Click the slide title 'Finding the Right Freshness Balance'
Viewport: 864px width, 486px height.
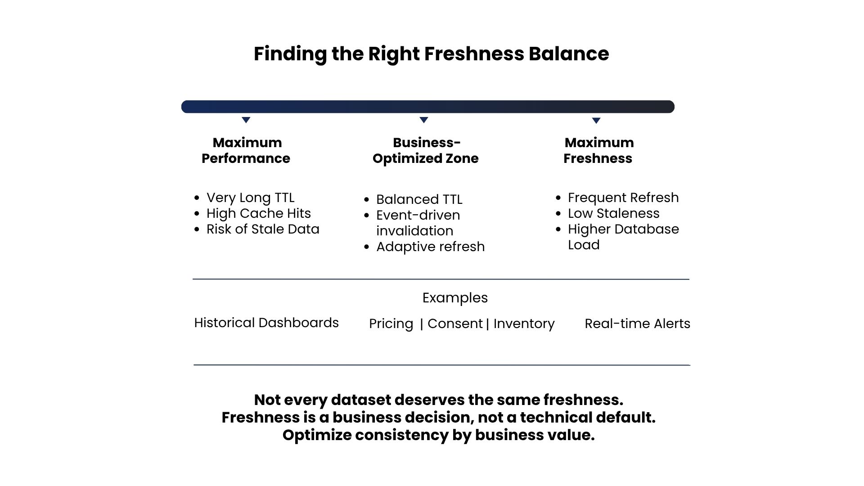coord(431,54)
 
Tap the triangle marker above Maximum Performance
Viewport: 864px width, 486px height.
coord(246,120)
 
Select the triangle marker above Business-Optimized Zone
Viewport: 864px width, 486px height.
coord(424,120)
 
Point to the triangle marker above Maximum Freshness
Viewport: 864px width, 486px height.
coord(596,120)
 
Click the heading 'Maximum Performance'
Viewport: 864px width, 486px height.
coord(246,150)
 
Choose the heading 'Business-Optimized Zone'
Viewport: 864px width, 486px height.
coord(426,150)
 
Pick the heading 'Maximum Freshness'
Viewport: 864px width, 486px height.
coord(598,150)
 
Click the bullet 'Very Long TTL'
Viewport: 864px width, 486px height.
coord(250,198)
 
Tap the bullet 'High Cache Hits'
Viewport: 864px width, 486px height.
coord(259,213)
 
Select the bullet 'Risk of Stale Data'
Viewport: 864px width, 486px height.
coord(263,229)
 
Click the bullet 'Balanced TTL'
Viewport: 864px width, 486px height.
coord(419,199)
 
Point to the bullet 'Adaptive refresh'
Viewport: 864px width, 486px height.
coord(431,247)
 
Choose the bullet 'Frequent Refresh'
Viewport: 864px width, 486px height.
coord(623,198)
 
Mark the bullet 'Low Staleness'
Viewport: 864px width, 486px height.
coord(614,213)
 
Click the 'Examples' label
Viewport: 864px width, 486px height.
coord(455,298)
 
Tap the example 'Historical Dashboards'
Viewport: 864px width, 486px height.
coord(266,323)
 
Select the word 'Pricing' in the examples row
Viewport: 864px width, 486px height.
coord(391,324)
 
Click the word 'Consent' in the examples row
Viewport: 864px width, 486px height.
coord(455,324)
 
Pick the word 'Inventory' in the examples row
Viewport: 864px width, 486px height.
coord(524,324)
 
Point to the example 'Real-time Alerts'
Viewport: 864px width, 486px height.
coord(637,324)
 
